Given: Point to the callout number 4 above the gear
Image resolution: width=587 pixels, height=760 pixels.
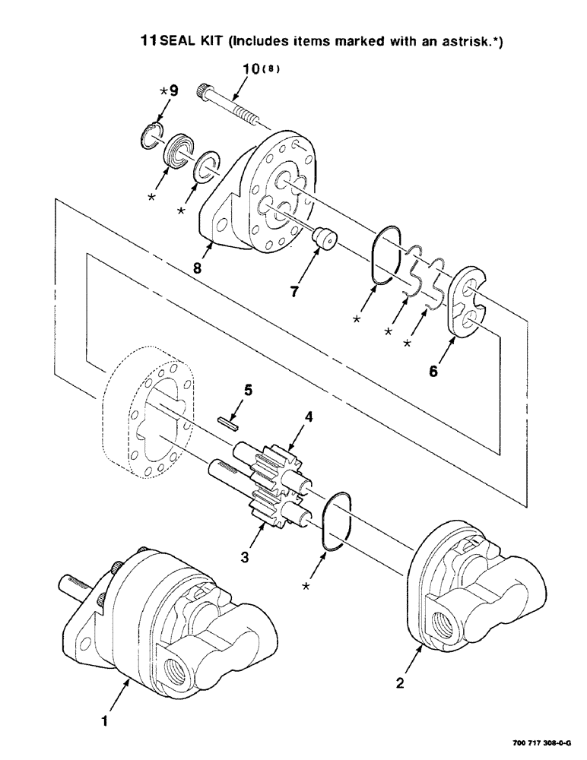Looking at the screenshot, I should pyautogui.click(x=308, y=416).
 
